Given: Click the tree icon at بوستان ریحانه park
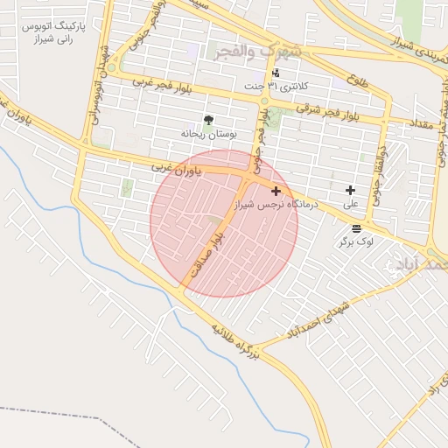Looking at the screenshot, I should click(207, 121).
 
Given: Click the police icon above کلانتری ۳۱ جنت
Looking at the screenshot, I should click(276, 73).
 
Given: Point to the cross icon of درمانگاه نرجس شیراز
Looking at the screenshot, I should click(276, 190).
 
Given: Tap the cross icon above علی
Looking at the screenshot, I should click(350, 190).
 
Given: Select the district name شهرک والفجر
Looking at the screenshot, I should click(257, 52).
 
